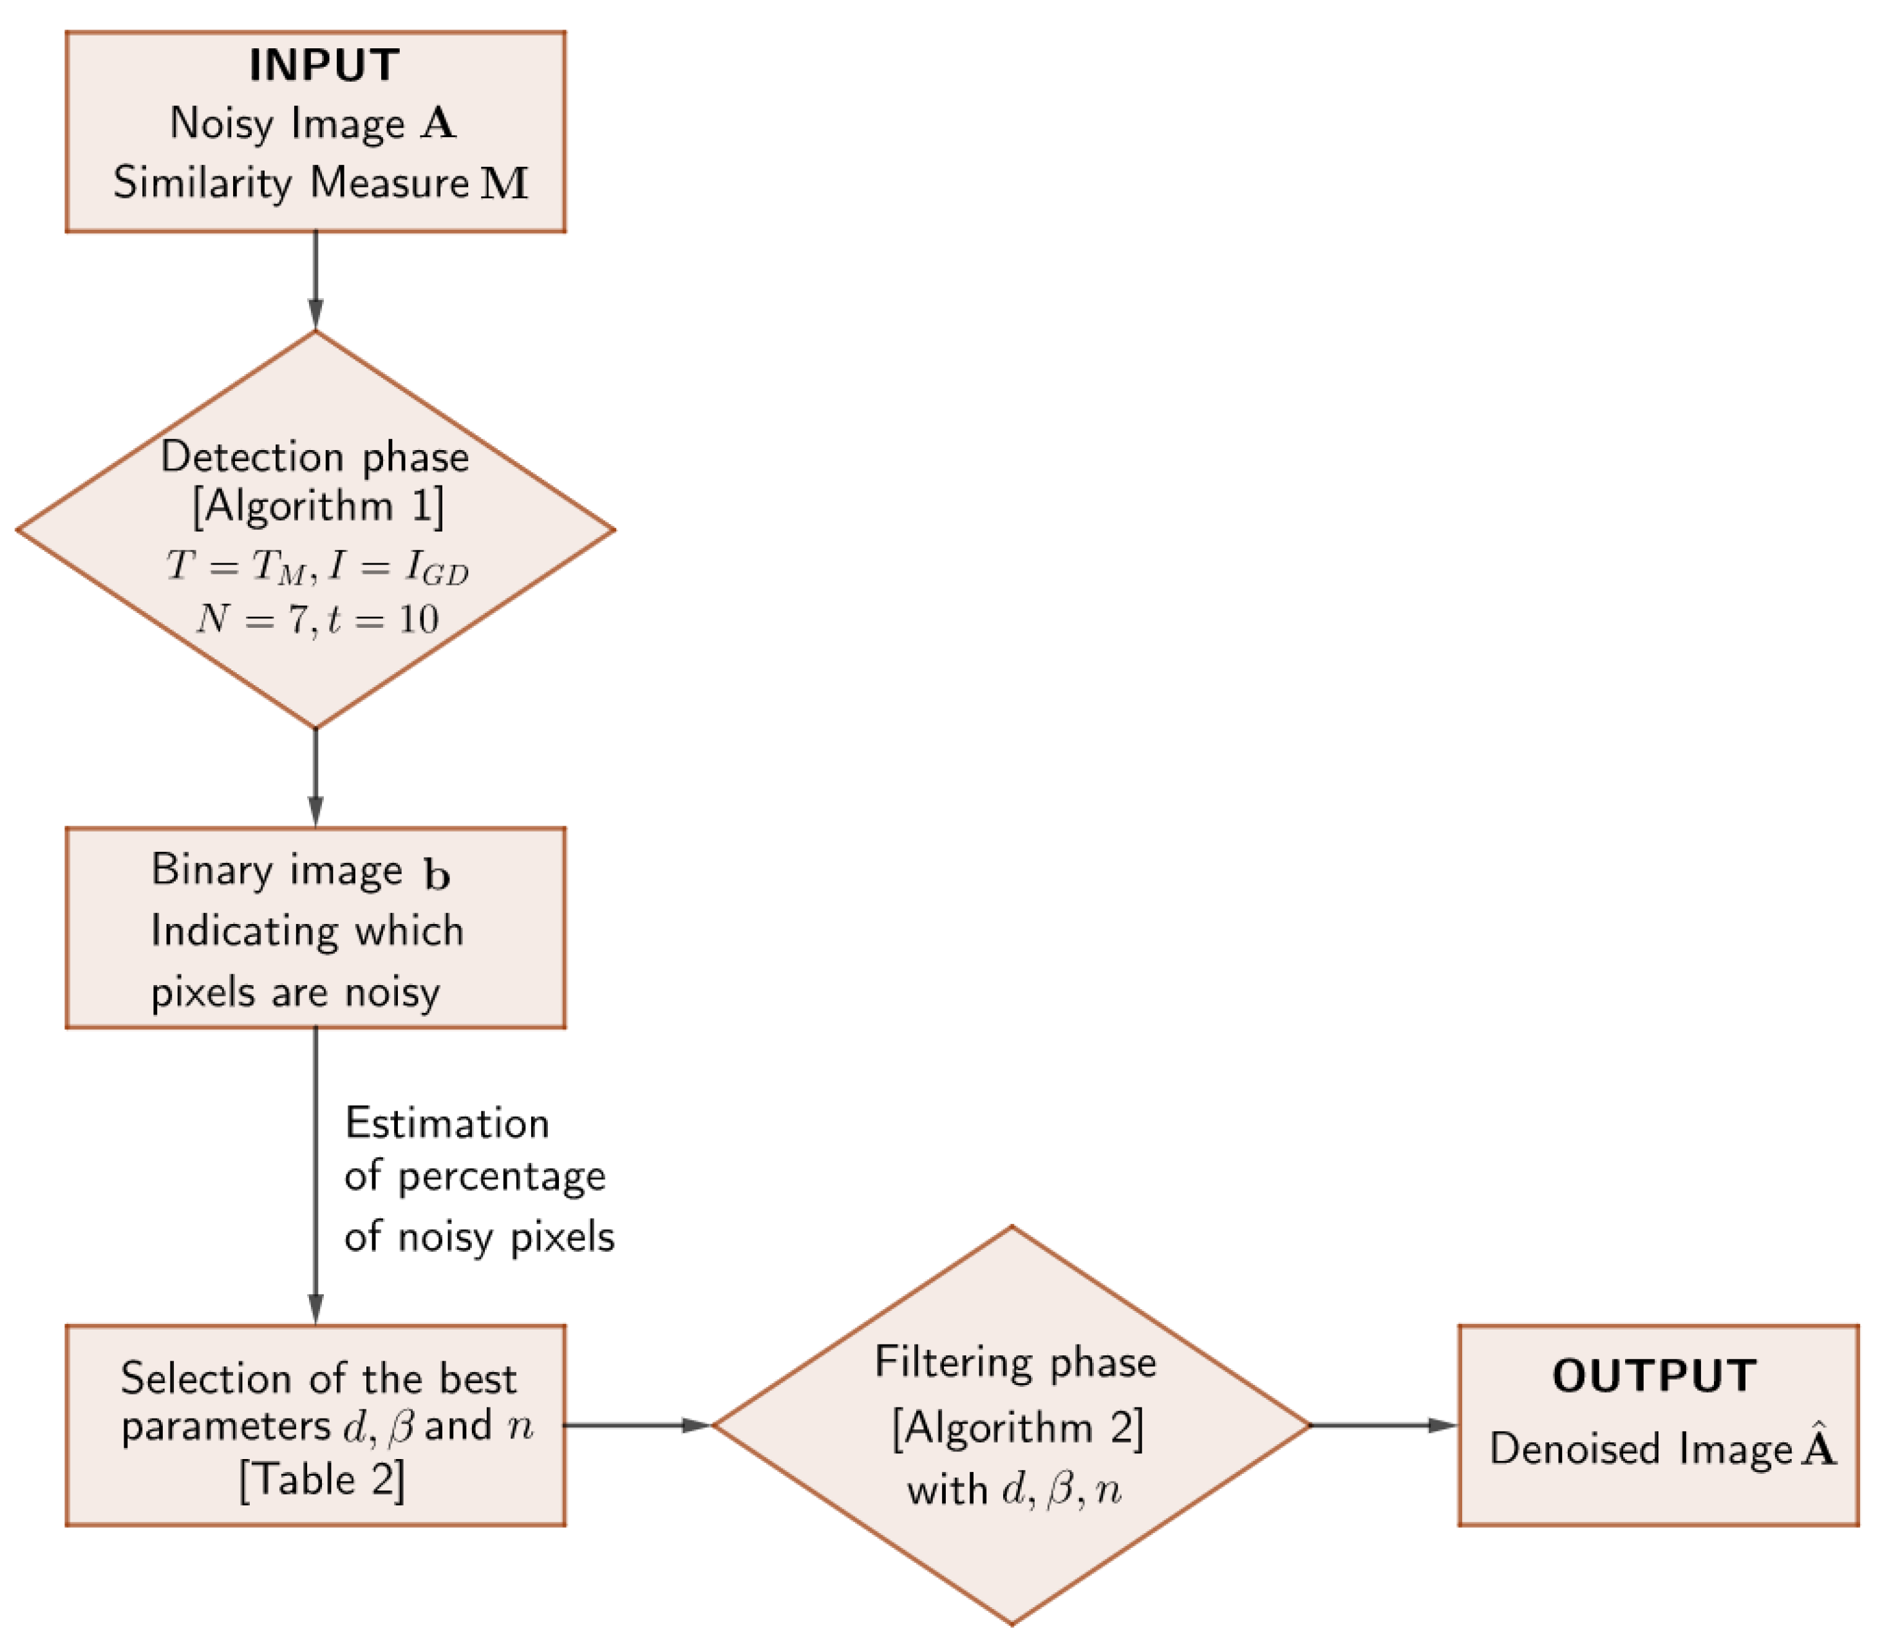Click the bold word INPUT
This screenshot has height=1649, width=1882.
tap(323, 66)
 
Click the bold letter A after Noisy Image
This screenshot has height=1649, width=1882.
tap(438, 124)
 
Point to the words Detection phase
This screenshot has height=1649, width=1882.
tap(315, 457)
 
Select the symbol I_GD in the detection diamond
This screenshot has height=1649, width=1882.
tap(437, 568)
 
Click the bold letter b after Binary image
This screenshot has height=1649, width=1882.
tap(437, 874)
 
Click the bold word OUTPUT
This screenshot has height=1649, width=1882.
tap(1654, 1377)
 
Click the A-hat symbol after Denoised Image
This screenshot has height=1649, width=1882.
tap(1818, 1447)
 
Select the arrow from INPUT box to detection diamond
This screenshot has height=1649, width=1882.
tap(315, 281)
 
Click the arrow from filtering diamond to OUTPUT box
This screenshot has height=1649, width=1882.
tap(1383, 1426)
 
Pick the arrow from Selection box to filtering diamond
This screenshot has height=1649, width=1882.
tap(637, 1426)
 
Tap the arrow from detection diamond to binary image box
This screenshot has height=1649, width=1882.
tap(315, 778)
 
